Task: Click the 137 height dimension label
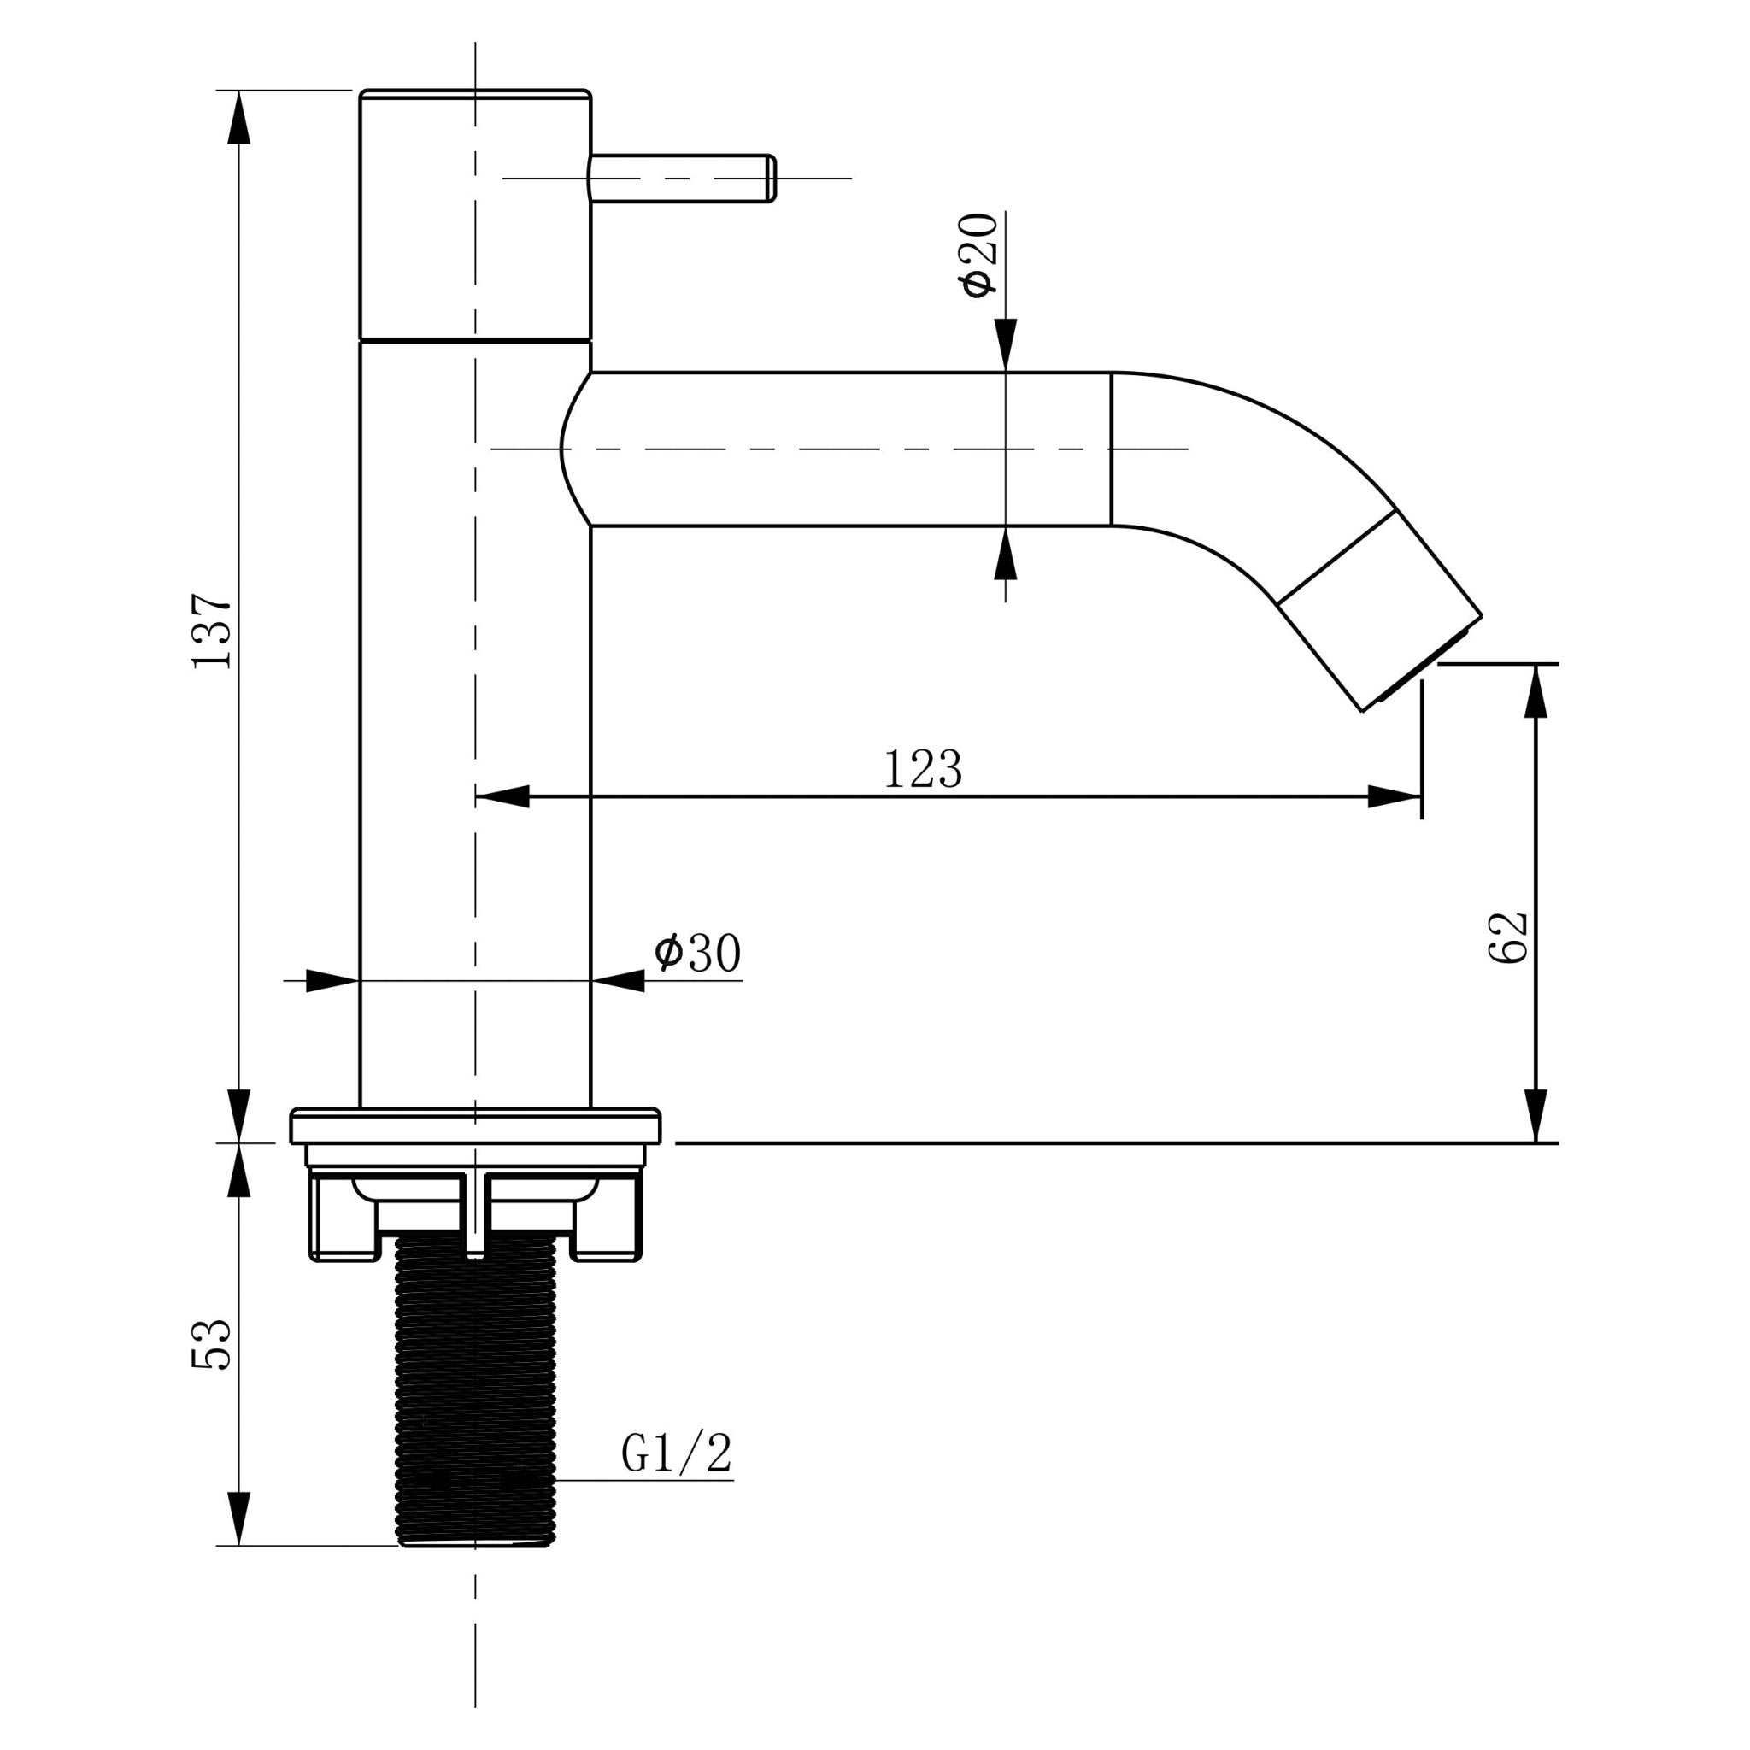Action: (x=213, y=632)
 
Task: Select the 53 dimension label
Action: (x=213, y=1343)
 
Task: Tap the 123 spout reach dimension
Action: (x=922, y=769)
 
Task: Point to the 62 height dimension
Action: (x=1508, y=937)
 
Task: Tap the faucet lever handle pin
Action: (x=683, y=179)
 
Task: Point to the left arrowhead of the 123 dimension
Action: (x=502, y=797)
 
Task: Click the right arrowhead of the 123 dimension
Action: (x=1395, y=797)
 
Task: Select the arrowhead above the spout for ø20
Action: (x=1006, y=345)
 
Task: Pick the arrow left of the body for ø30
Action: (x=332, y=980)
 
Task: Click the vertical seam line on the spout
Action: (x=1112, y=449)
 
